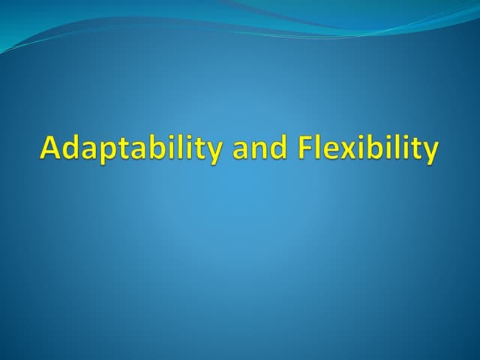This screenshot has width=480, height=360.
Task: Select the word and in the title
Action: tap(258, 148)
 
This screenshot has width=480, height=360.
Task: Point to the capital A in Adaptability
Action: tap(50, 148)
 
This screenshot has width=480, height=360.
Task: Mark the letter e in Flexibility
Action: tap(328, 150)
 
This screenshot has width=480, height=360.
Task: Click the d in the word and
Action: tap(277, 147)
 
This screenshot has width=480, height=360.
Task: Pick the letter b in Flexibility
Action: tap(365, 147)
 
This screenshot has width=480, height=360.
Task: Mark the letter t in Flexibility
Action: tap(412, 148)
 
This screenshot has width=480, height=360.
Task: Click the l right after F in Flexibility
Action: tap(316, 147)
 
